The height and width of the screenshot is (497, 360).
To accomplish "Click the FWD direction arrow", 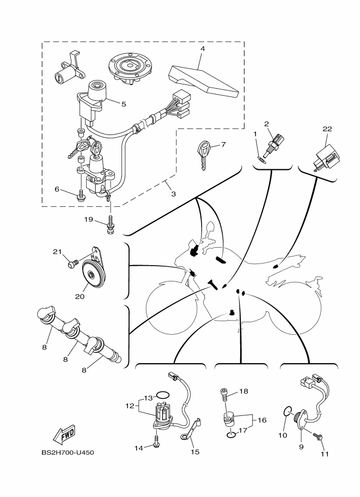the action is click(64, 434).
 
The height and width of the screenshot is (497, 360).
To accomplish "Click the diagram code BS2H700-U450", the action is click(68, 452).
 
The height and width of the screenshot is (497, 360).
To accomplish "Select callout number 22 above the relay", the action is click(327, 128).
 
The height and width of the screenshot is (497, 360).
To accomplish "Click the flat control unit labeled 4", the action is click(203, 79).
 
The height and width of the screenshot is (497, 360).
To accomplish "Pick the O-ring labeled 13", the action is click(163, 395).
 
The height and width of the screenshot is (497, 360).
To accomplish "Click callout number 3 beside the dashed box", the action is click(173, 194).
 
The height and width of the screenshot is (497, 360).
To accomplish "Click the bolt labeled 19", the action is click(111, 224).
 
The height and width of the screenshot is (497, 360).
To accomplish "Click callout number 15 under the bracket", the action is click(195, 452).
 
